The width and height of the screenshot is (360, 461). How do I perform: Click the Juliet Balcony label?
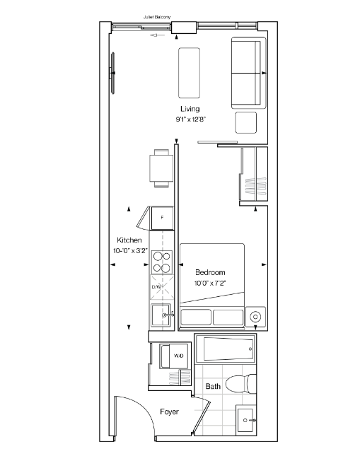pyautogui.click(x=157, y=17)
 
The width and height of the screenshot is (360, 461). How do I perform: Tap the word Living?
pyautogui.click(x=190, y=109)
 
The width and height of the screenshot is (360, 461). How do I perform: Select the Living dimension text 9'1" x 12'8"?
pyautogui.click(x=190, y=119)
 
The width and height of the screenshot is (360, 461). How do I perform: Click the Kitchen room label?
pyautogui.click(x=129, y=240)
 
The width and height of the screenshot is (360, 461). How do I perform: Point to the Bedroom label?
pyautogui.click(x=210, y=272)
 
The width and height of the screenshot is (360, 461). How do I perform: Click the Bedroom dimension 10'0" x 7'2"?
pyautogui.click(x=210, y=284)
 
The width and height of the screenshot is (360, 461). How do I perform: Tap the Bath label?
pyautogui.click(x=213, y=386)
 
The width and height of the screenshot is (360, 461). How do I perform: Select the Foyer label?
pyautogui.click(x=170, y=412)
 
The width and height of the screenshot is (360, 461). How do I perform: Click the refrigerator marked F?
pyautogui.click(x=162, y=218)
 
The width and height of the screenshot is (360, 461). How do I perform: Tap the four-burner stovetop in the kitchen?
pyautogui.click(x=161, y=262)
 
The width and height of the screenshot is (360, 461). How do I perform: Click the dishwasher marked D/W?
pyautogui.click(x=161, y=287)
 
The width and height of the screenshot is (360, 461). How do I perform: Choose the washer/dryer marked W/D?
pyautogui.click(x=174, y=356)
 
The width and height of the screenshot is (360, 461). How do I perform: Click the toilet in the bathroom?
pyautogui.click(x=241, y=384)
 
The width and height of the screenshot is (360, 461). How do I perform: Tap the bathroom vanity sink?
pyautogui.click(x=246, y=421)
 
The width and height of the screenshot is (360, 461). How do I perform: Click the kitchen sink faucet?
pyautogui.click(x=168, y=315)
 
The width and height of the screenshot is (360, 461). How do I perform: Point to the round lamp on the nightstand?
pyautogui.click(x=255, y=317)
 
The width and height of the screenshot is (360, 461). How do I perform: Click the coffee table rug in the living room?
pyautogui.click(x=189, y=73)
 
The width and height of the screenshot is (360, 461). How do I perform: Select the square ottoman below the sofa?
pyautogui.click(x=245, y=122)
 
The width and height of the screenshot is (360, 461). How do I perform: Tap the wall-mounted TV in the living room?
pyautogui.click(x=112, y=74)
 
